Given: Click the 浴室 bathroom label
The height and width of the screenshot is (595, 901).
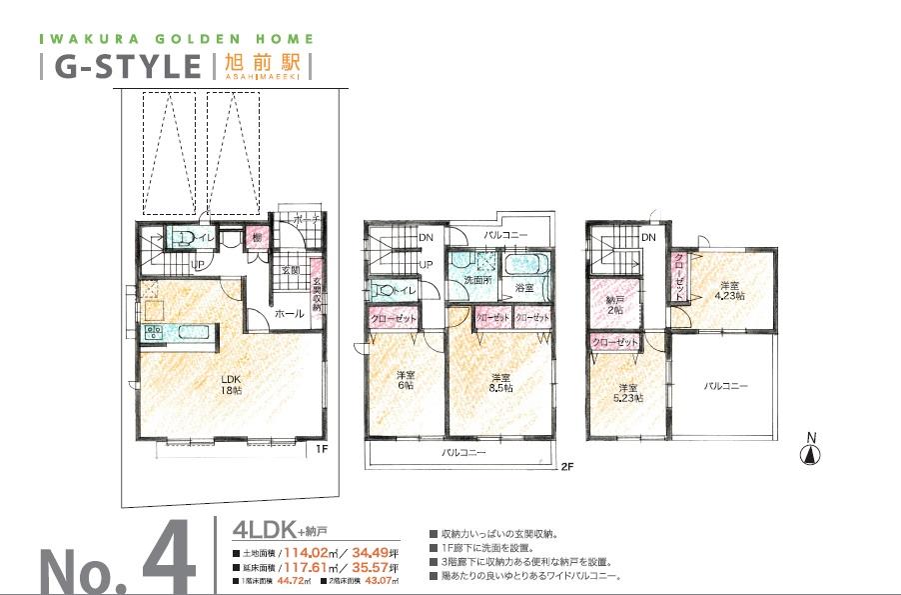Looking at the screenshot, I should click(523, 288).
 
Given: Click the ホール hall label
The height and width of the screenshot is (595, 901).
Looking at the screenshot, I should click(289, 313).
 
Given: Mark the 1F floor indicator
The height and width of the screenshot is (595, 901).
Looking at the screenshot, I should click(321, 449).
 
